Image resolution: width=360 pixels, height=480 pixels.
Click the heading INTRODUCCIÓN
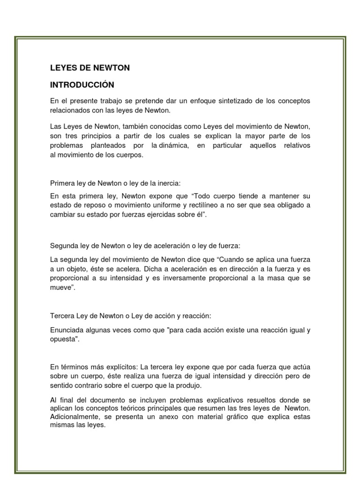82,85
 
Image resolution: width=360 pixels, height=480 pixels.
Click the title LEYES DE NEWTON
90,68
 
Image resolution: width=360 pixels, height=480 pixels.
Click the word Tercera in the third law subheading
61,316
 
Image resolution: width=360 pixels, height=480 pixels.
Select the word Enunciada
67,330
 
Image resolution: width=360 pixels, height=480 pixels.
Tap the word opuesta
63,339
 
